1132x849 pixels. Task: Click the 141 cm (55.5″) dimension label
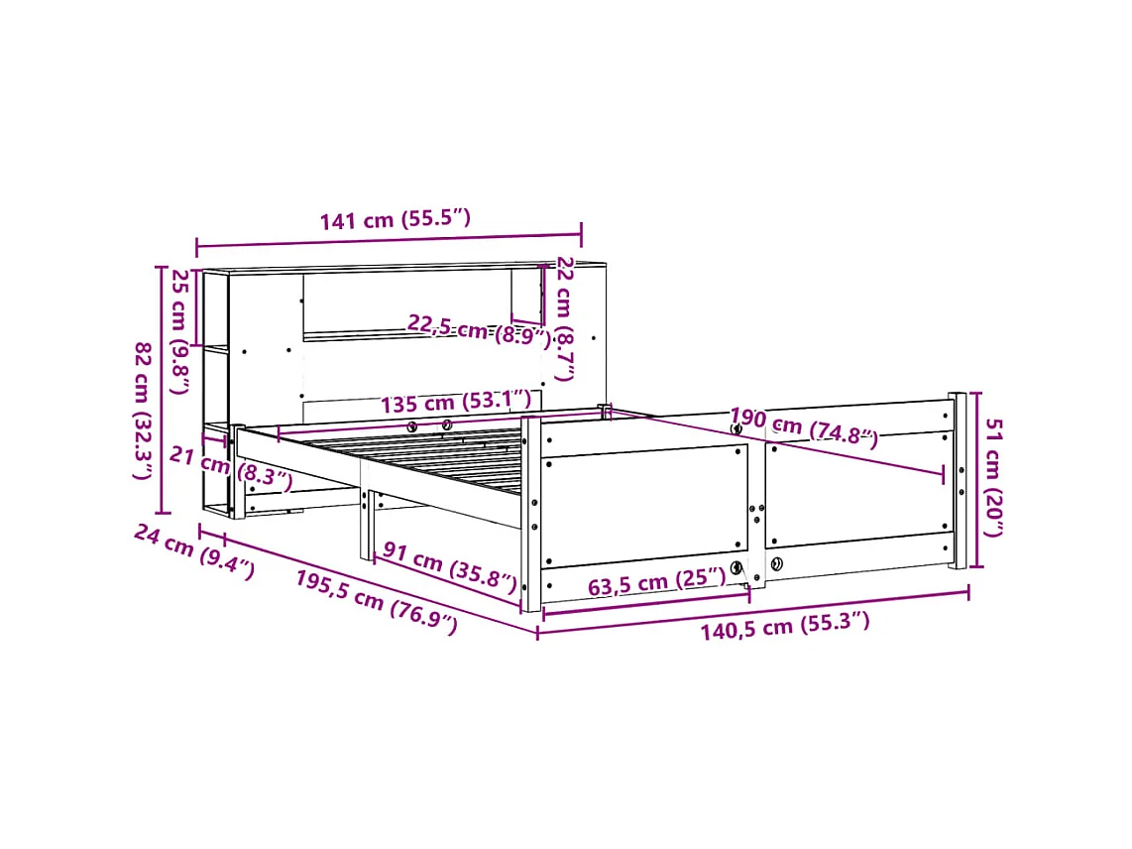click(395, 220)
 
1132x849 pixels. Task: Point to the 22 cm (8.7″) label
click(564, 318)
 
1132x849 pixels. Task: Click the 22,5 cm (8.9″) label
click(479, 329)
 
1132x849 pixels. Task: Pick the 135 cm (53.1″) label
click(456, 403)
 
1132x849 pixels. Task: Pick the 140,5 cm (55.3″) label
click(785, 625)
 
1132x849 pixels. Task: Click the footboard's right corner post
click(958, 481)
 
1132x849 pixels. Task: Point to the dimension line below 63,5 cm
click(645, 603)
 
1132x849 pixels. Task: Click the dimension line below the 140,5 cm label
click(753, 613)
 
